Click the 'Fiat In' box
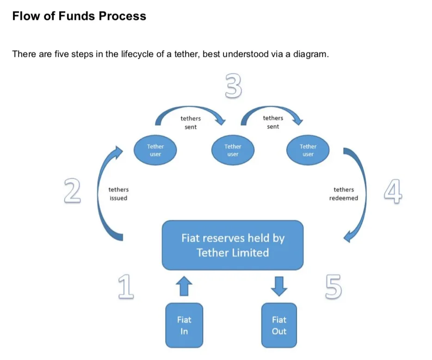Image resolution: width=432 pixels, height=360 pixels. (184, 325)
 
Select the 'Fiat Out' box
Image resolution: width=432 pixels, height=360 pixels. (279, 325)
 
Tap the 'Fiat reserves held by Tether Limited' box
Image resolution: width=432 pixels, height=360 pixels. (233, 245)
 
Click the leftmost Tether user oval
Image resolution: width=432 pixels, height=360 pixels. (155, 150)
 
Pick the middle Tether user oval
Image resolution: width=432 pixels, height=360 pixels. (233, 150)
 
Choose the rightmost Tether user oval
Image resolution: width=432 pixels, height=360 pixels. (308, 150)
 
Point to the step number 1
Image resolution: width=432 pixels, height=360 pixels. (126, 287)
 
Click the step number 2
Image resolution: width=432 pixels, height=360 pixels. (73, 190)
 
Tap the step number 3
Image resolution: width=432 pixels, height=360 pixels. (234, 85)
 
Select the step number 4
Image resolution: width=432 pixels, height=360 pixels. (393, 191)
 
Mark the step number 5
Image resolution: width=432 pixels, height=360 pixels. (333, 287)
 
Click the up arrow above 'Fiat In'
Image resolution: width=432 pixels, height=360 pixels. (184, 286)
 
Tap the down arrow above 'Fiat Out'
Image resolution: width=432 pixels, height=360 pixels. (279, 286)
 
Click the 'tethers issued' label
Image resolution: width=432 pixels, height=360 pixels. (118, 194)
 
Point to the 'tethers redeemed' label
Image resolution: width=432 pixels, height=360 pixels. (344, 194)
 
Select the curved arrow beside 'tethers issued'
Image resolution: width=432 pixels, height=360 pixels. (99, 193)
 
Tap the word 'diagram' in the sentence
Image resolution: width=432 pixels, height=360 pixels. (310, 54)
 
